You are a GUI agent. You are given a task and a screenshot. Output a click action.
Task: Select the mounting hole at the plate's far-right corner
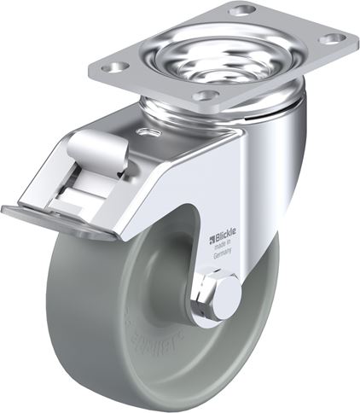pos(336,38)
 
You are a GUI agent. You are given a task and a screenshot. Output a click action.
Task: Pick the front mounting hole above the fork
pos(205,96)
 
